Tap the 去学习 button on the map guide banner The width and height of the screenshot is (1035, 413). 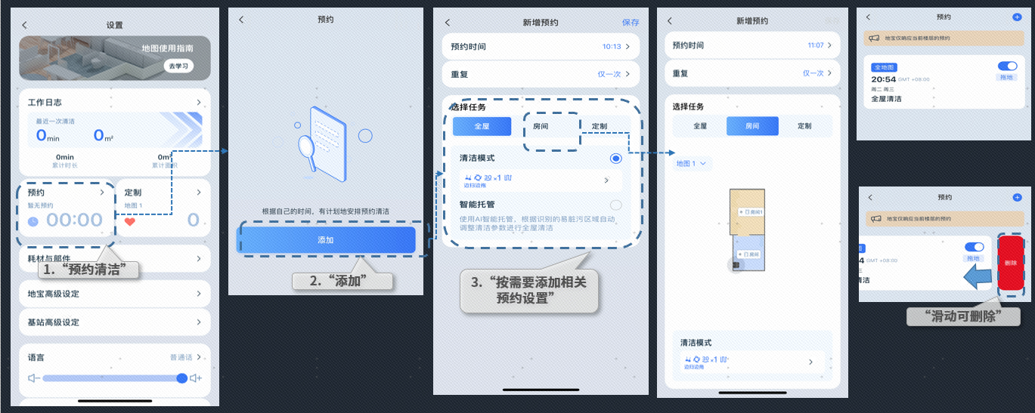[179, 66]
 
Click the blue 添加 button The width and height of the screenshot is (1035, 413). [326, 239]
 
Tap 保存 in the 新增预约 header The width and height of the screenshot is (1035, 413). [631, 23]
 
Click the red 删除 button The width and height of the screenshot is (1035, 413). [1011, 264]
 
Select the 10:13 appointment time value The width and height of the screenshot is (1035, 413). [612, 47]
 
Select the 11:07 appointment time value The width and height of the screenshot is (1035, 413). [816, 45]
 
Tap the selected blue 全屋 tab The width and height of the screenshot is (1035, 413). [482, 126]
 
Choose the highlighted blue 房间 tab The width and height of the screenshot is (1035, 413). [751, 126]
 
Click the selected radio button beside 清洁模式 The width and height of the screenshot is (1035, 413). [615, 159]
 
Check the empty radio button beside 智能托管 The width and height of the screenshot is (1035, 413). [615, 205]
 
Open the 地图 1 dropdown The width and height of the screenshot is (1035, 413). [692, 163]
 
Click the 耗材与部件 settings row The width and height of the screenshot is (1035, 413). [113, 258]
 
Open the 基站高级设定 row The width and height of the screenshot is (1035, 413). [113, 322]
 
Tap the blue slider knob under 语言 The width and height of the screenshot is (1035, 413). [181, 378]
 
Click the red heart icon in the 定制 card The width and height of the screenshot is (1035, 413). [130, 222]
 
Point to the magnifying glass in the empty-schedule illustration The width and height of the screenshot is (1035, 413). [307, 143]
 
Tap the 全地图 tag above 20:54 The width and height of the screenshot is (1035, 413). [884, 68]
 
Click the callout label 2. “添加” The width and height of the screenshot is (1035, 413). [342, 281]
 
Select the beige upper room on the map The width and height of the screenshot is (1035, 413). [748, 211]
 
